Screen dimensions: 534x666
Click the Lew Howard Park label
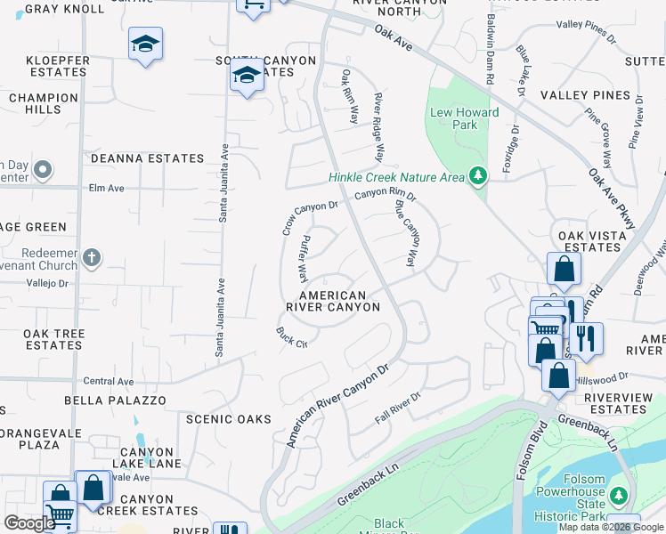point(465,118)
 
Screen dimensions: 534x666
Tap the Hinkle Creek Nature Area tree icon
point(479,176)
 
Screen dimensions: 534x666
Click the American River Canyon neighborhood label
point(332,301)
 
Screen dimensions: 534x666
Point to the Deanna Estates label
point(148,158)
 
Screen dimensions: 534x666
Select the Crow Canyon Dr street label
point(309,218)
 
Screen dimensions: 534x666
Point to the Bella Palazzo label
point(115,400)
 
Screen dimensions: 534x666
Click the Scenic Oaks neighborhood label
point(228,418)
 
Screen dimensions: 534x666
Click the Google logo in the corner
point(29,523)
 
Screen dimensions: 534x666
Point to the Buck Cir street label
point(291,337)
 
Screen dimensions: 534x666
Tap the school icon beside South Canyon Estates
point(246,76)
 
